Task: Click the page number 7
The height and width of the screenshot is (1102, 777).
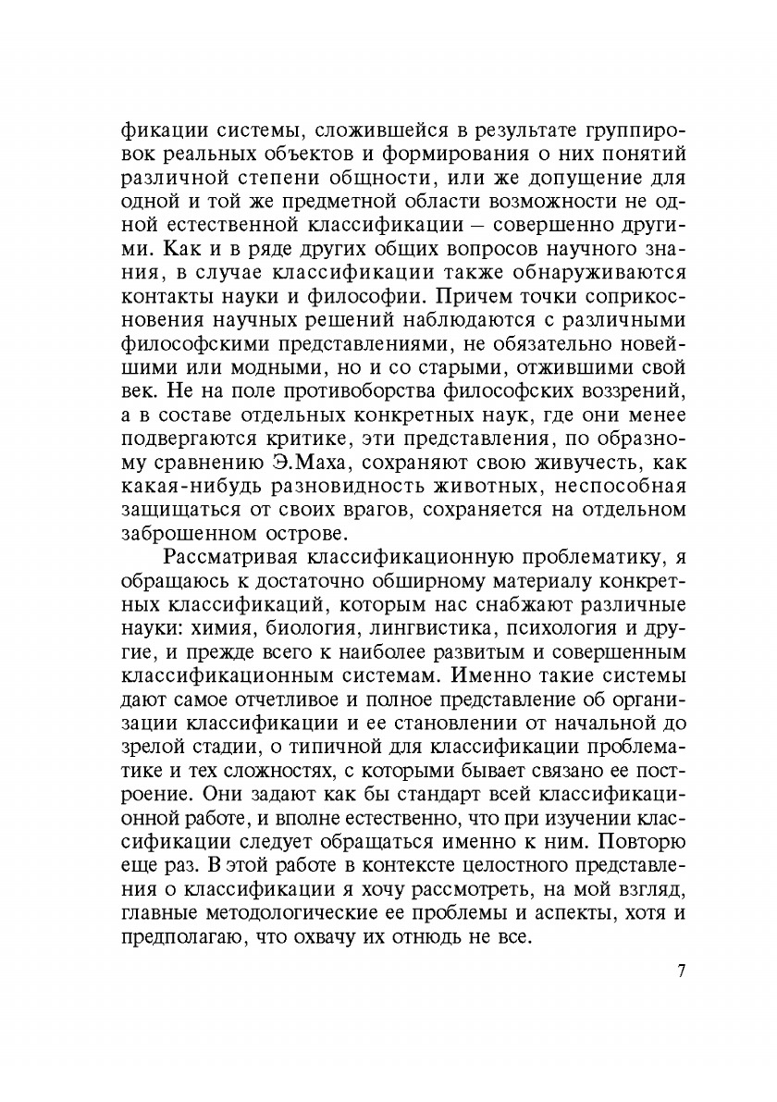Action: point(681,972)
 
